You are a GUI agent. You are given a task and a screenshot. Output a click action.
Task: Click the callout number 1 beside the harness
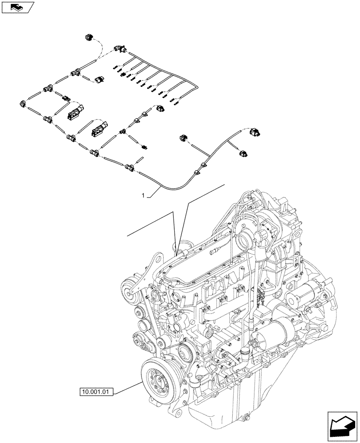tap(143, 194)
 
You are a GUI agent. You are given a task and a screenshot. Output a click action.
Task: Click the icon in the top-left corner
tap(18, 7)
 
